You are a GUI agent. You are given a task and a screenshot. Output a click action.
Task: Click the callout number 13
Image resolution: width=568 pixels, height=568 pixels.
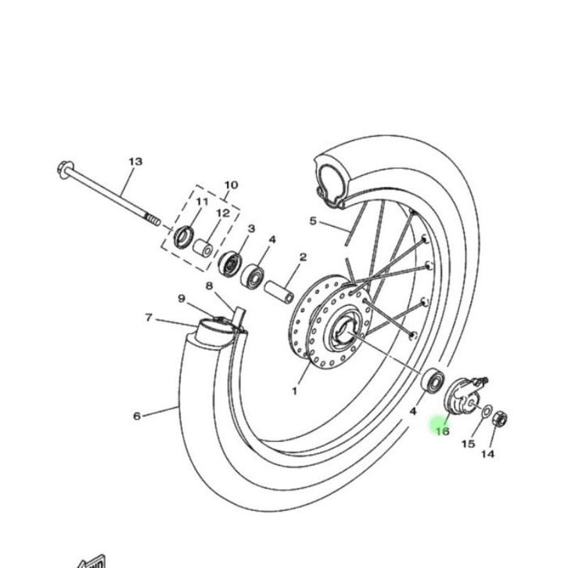click(x=135, y=162)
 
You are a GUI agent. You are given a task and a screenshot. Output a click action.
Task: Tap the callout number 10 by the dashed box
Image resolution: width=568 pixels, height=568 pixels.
click(x=231, y=185)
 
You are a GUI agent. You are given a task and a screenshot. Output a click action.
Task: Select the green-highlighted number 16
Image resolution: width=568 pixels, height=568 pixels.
click(x=442, y=431)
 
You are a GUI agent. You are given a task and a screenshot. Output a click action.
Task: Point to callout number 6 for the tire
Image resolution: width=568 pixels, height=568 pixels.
click(x=137, y=416)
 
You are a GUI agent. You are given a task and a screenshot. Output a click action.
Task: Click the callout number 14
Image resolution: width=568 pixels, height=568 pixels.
click(x=487, y=454)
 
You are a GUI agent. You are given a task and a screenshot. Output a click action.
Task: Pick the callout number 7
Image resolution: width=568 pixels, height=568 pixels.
click(x=148, y=318)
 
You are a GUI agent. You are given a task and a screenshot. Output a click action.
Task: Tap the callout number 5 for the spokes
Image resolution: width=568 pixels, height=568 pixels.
click(x=313, y=221)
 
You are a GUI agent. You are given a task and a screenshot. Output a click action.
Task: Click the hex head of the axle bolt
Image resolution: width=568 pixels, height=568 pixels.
click(x=63, y=170)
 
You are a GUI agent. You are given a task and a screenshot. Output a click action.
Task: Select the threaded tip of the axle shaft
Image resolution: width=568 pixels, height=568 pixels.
click(x=153, y=220)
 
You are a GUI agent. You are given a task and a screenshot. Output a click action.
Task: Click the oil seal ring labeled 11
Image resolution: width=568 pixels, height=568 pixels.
click(x=184, y=237)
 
